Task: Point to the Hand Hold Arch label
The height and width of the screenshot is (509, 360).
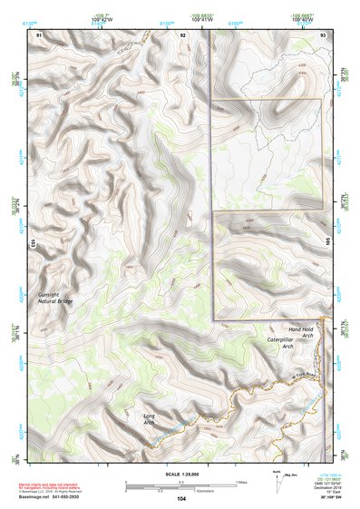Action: pos(300,332)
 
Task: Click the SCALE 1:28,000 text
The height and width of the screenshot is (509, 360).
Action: pos(181,475)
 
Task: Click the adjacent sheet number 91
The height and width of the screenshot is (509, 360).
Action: pos(39,34)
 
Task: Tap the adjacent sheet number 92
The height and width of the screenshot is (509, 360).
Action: pos(182,34)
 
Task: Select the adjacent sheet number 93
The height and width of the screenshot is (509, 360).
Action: pos(323,34)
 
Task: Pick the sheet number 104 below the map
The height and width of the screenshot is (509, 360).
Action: pos(181,498)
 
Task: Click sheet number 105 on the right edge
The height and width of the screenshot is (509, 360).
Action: pos(328,243)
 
